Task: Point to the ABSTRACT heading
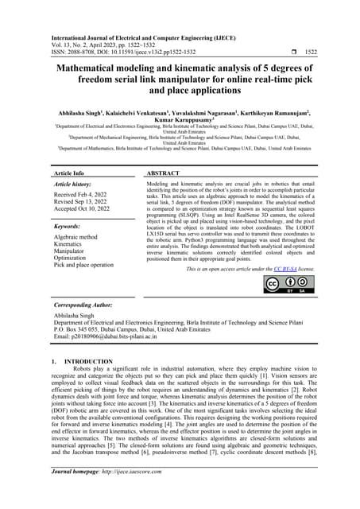pos(168,172)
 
